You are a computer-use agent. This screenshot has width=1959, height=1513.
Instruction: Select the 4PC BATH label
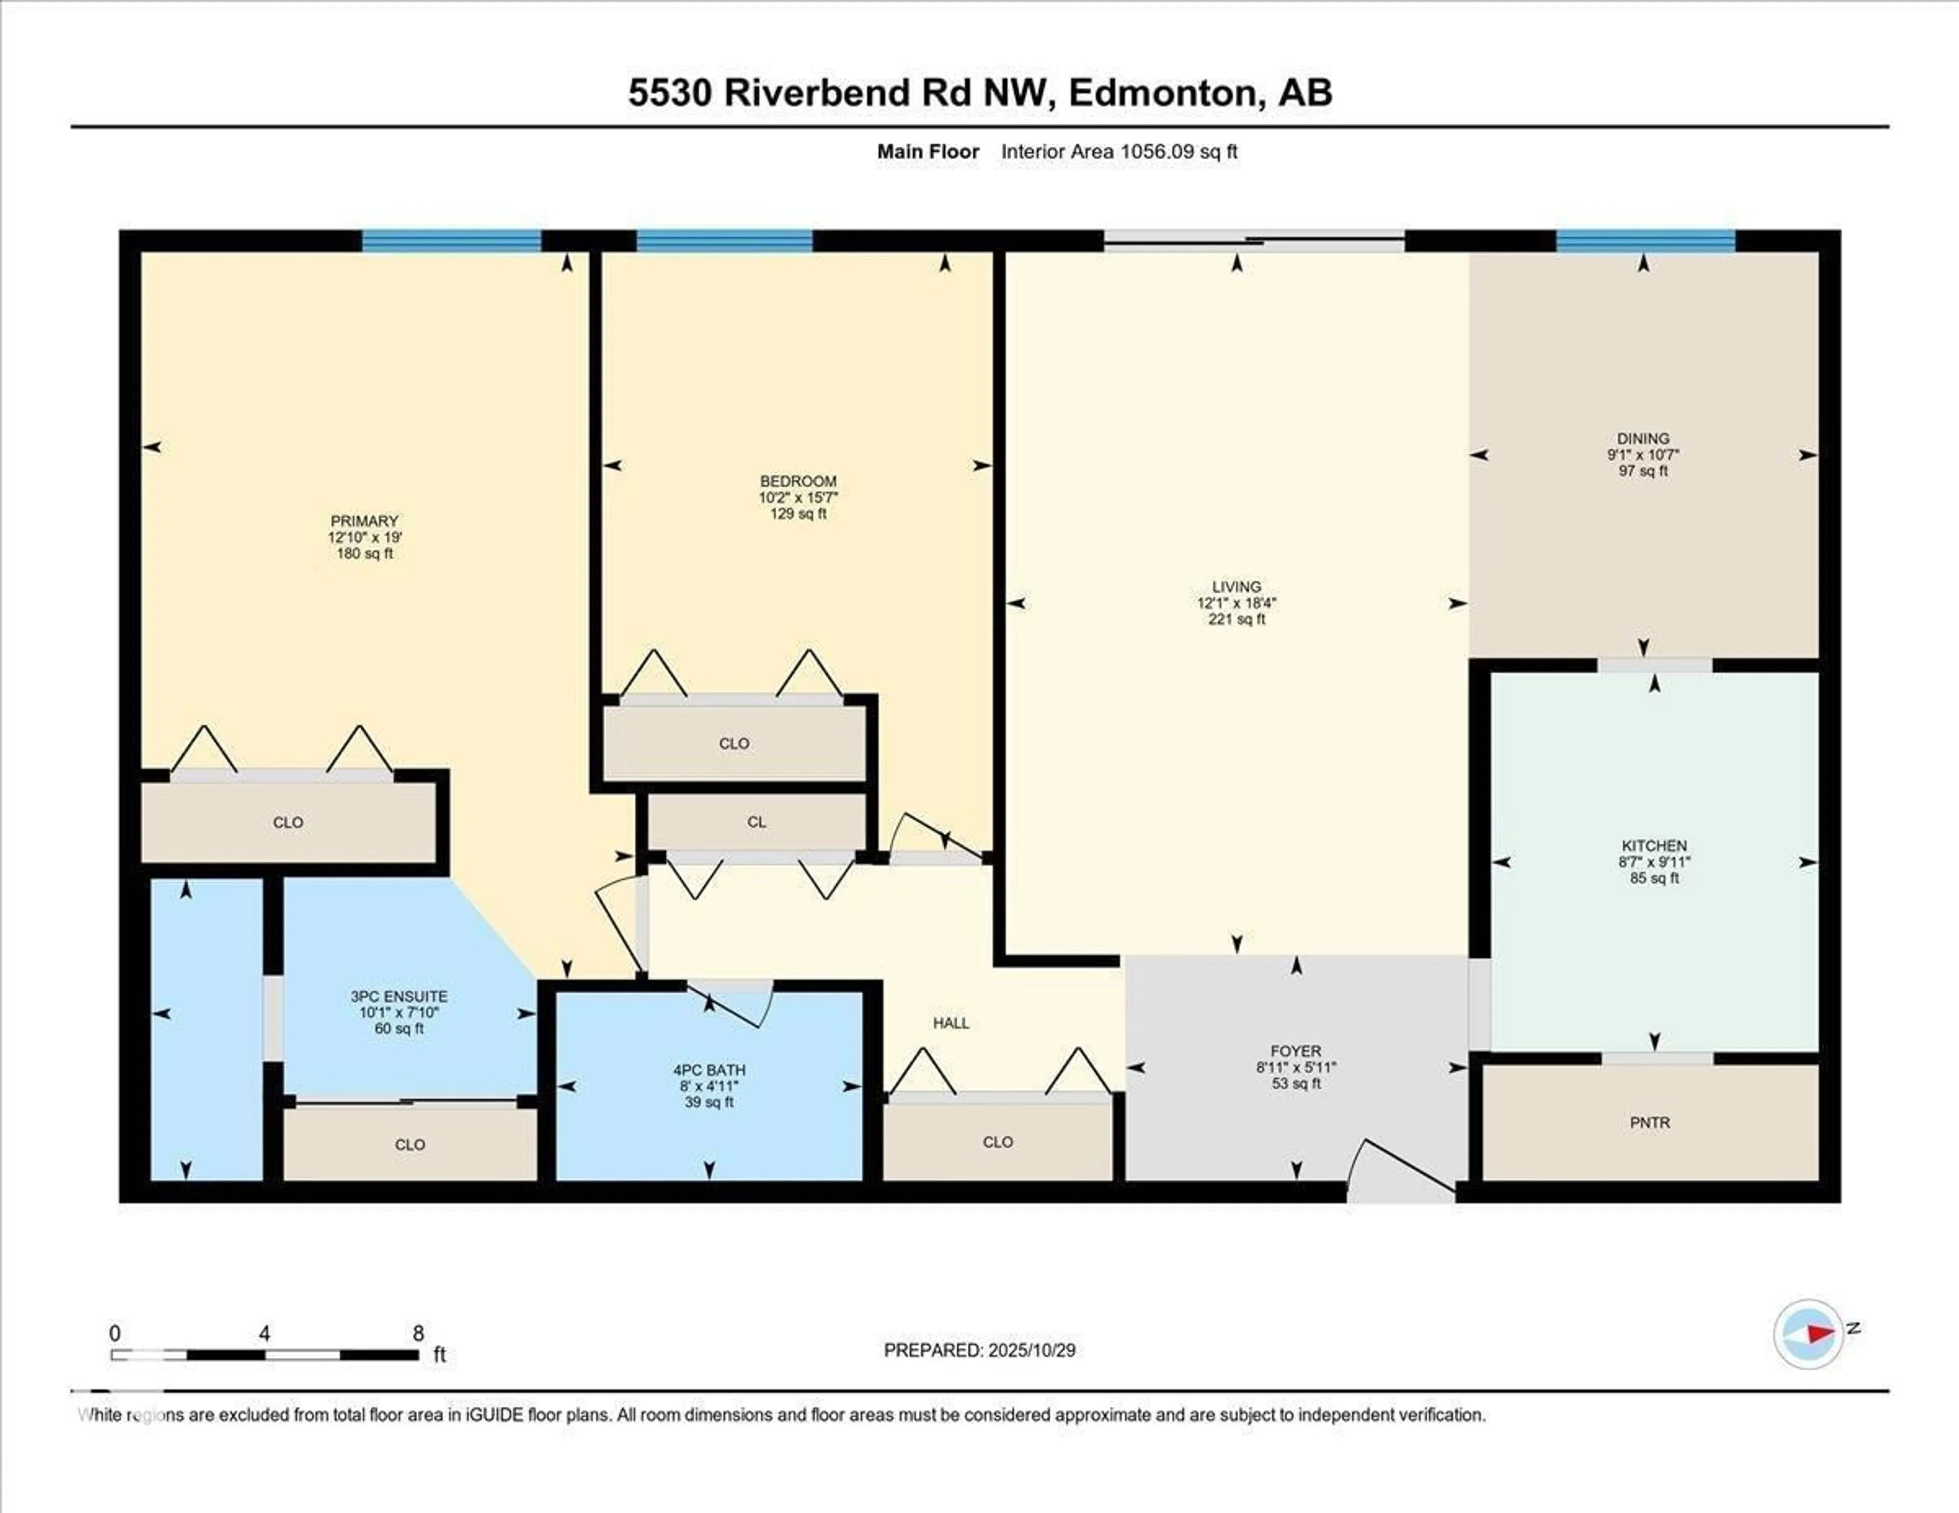point(709,1070)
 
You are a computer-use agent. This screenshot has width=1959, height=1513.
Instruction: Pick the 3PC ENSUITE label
point(398,996)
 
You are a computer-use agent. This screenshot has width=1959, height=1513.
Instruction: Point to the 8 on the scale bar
point(418,1333)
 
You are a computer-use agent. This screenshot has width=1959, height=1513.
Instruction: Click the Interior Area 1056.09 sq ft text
point(1119,152)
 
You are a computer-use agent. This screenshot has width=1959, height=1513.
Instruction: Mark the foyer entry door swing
point(1399,1170)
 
